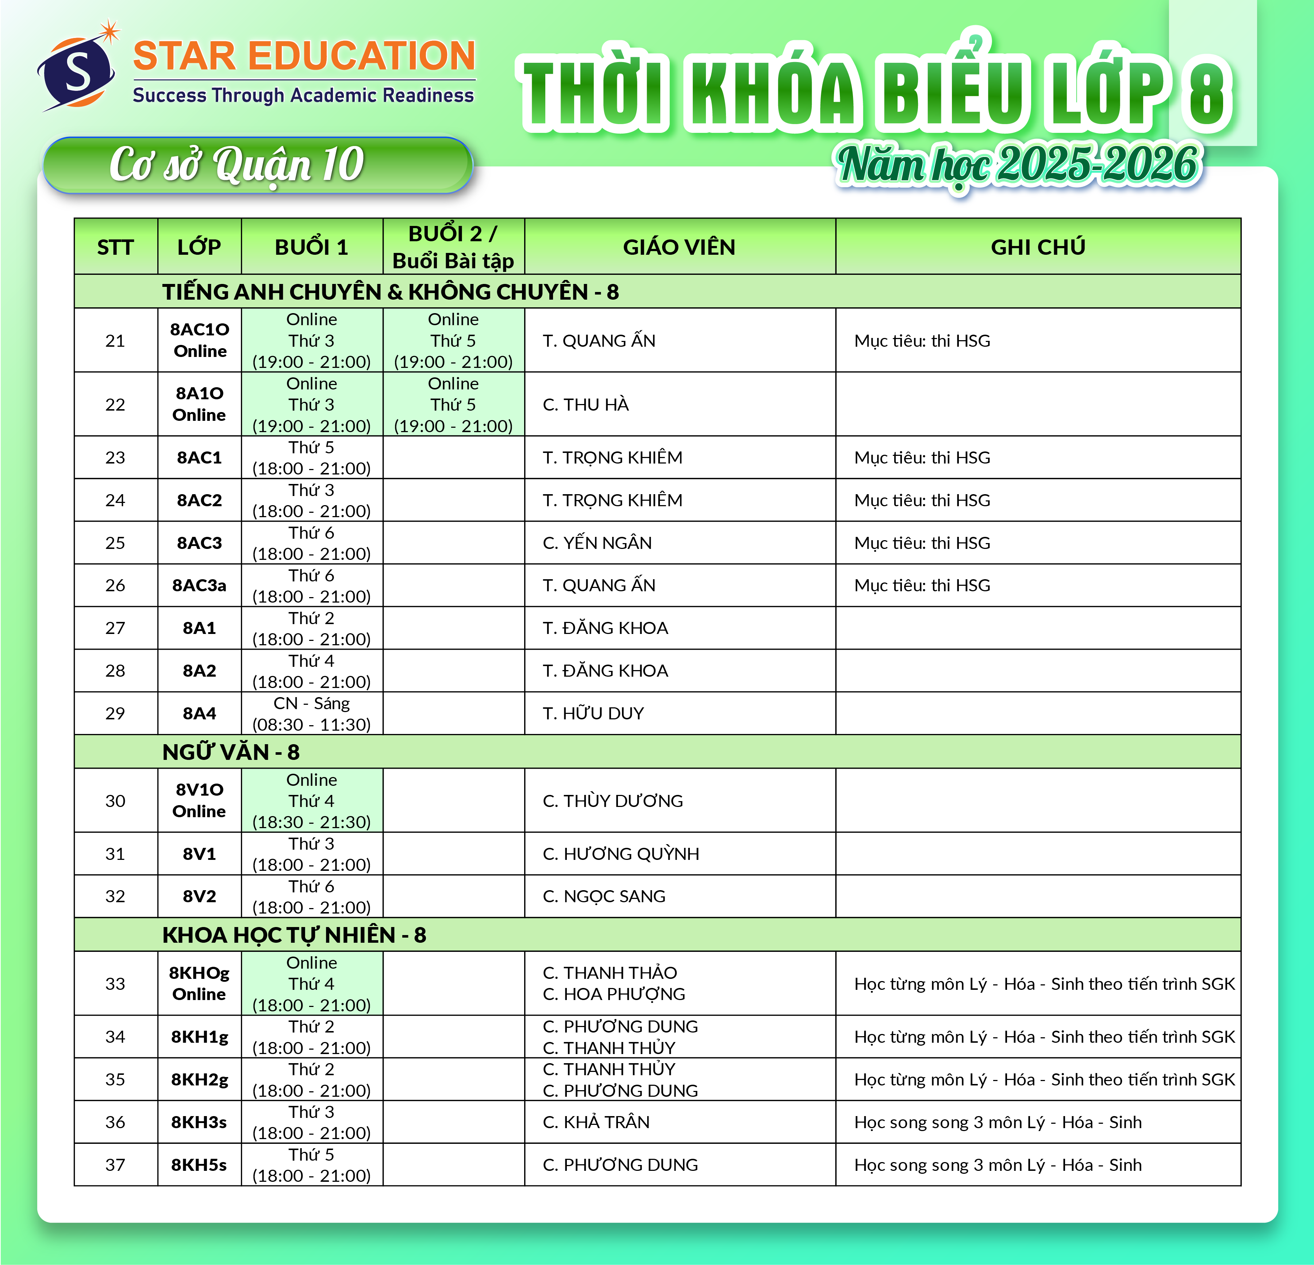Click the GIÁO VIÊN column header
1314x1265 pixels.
point(679,247)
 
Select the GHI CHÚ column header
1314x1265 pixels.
point(1038,247)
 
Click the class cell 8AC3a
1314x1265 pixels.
point(199,585)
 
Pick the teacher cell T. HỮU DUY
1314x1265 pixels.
point(593,713)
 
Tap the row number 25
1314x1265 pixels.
point(115,543)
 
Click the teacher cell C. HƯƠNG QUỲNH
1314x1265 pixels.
point(621,853)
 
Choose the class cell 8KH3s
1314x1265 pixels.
point(199,1122)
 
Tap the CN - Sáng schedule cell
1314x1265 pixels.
point(312,713)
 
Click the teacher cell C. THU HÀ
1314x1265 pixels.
point(586,404)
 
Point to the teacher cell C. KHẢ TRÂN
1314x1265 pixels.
point(596,1122)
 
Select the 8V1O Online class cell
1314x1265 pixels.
point(199,800)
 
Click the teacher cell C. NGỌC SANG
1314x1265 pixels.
point(604,896)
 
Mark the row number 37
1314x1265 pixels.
point(115,1164)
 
